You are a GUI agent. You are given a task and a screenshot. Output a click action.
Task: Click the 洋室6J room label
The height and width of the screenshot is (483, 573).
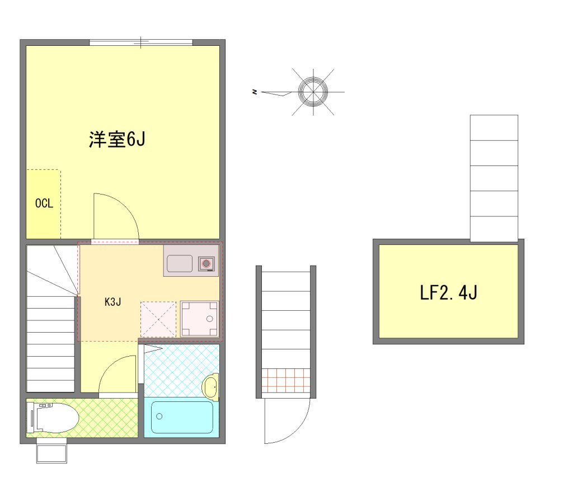click(117, 139)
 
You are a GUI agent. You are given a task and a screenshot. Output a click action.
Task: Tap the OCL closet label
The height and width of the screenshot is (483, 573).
click(44, 203)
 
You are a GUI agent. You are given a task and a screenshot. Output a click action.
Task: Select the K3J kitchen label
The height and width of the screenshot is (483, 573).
click(112, 302)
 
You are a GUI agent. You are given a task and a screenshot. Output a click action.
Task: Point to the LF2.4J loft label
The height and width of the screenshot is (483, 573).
click(448, 292)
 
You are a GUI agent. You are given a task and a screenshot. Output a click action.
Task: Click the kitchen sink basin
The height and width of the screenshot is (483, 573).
click(180, 263)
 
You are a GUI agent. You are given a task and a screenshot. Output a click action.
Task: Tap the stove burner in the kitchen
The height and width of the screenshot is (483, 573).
click(206, 263)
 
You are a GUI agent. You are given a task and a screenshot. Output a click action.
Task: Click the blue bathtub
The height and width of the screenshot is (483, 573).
click(182, 417)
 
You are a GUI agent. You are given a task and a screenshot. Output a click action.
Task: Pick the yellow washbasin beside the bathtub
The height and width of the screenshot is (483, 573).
click(211, 387)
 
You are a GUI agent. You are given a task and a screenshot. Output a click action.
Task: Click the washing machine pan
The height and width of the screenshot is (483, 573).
click(200, 319)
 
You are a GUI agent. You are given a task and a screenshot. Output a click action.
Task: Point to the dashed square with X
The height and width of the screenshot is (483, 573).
click(158, 319)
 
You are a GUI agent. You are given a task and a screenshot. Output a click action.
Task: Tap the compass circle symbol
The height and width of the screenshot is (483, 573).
click(313, 92)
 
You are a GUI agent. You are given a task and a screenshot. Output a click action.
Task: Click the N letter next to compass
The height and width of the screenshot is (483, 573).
click(255, 92)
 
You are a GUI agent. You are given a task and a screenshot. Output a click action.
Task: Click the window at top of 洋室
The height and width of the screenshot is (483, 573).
click(141, 42)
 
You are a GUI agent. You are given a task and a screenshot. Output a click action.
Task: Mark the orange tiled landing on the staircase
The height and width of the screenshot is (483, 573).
click(286, 380)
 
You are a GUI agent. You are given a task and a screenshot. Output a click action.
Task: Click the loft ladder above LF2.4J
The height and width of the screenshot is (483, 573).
click(494, 178)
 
